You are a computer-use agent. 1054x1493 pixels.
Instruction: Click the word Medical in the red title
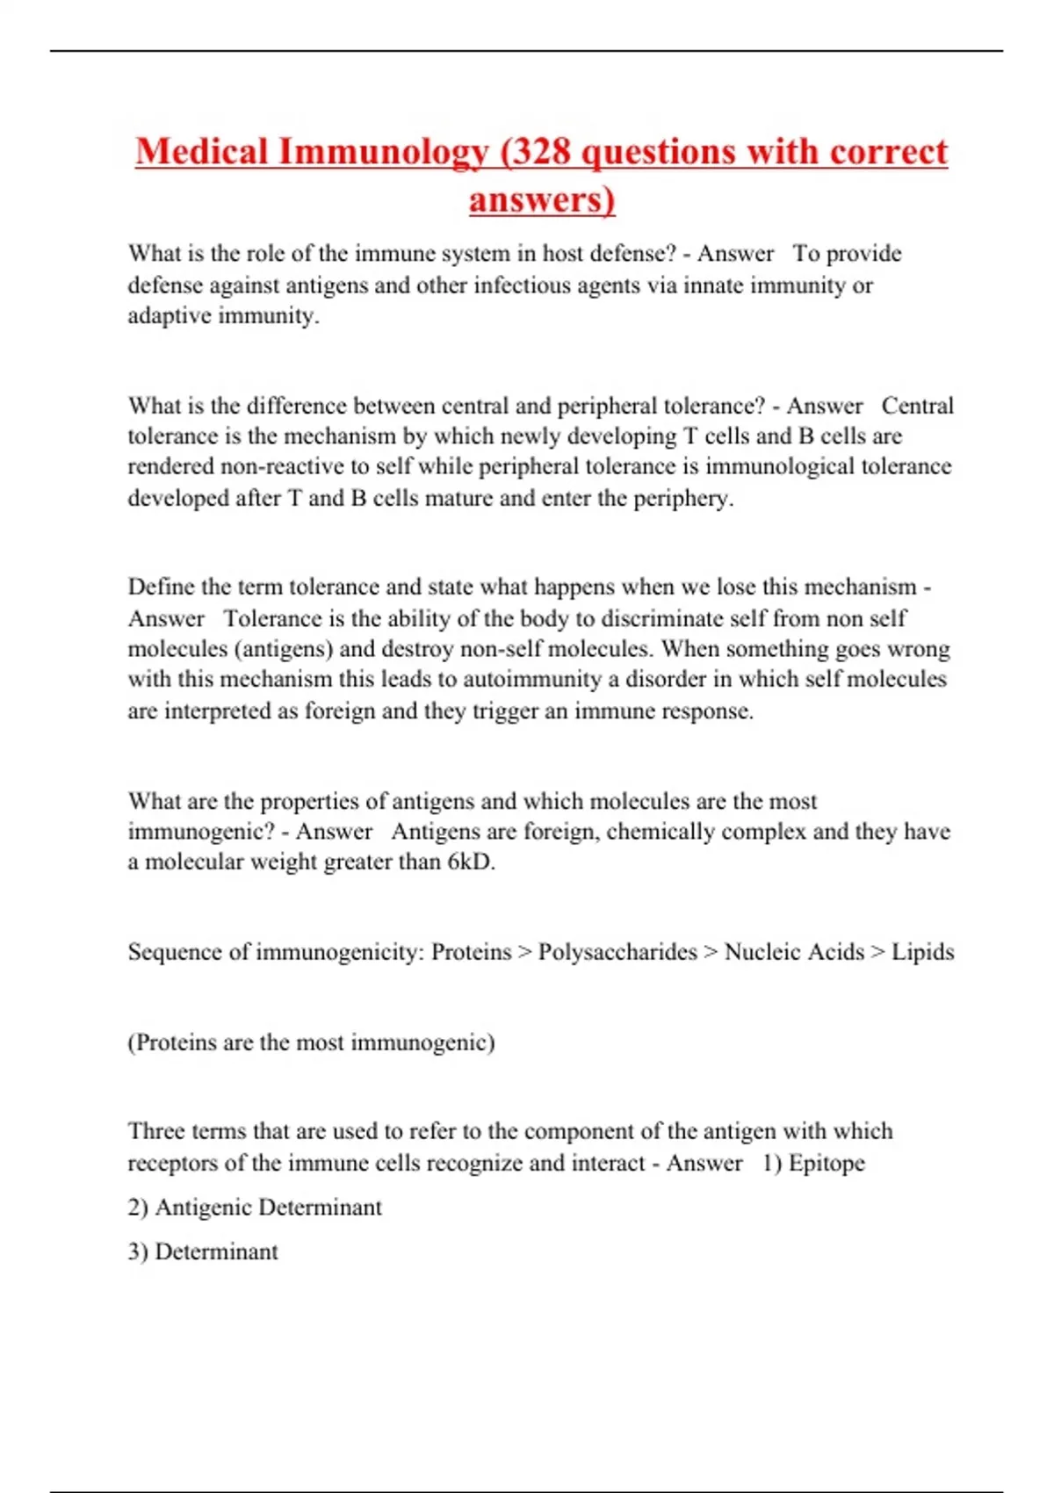[x=201, y=151]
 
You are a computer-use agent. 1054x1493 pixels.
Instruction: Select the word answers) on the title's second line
[x=542, y=199]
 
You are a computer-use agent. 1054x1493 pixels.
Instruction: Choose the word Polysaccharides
[x=617, y=952]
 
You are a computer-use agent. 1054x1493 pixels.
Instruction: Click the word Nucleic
[x=756, y=952]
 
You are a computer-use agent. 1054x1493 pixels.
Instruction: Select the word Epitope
[x=827, y=1164]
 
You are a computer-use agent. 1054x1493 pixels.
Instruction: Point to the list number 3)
[x=138, y=1252]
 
